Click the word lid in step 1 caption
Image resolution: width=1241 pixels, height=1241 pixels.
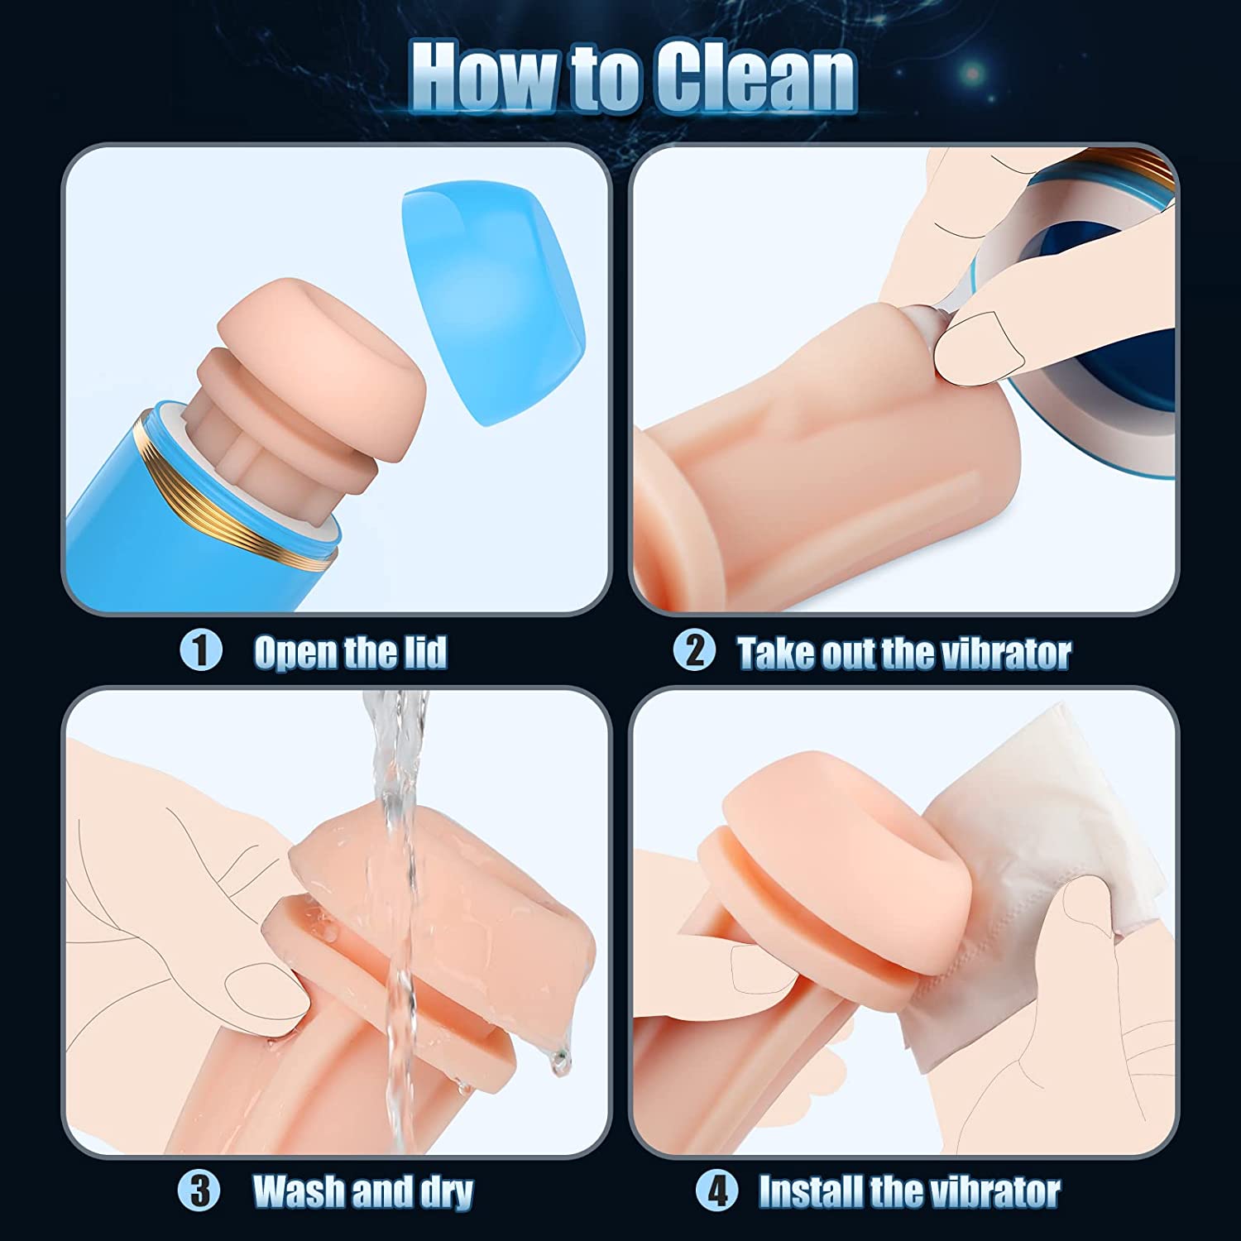(x=424, y=653)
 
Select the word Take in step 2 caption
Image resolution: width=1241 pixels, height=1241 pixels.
(x=779, y=654)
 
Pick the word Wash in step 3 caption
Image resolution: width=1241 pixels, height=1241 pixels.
(x=299, y=1192)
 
